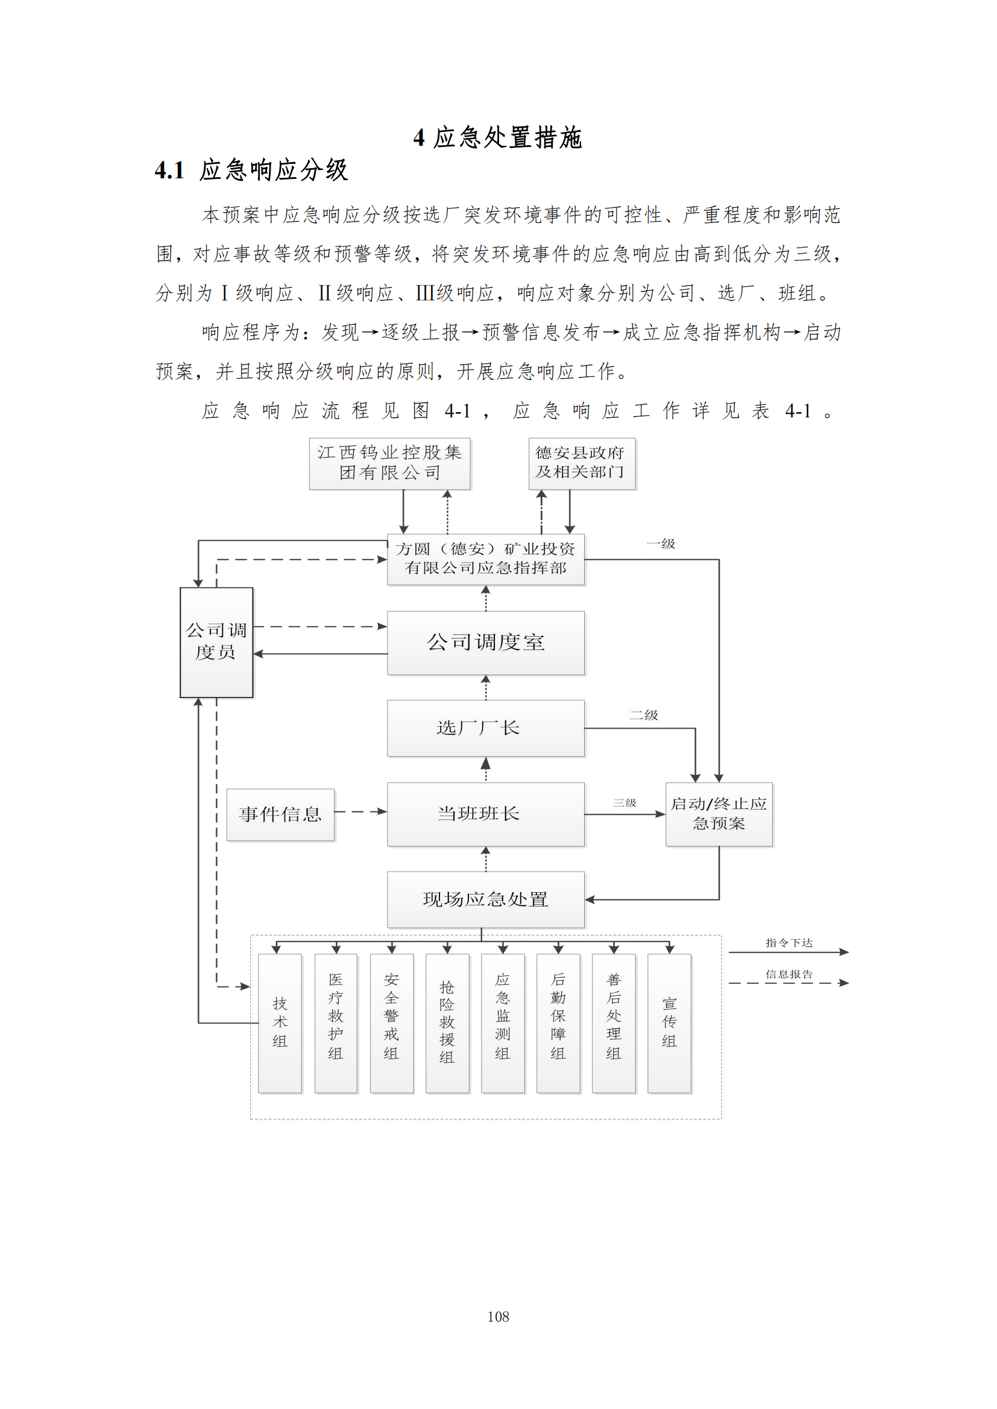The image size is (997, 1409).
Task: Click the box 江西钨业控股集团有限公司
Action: click(389, 463)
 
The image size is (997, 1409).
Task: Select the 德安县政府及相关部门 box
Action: click(581, 463)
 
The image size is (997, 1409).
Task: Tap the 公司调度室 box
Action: click(485, 643)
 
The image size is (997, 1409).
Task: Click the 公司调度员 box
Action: click(216, 642)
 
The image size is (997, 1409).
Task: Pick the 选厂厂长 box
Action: click(485, 728)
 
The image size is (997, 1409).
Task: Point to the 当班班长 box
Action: click(485, 814)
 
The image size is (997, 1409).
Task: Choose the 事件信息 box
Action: click(280, 814)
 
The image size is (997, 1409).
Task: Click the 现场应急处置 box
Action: click(485, 899)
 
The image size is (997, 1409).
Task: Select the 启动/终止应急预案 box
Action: click(719, 814)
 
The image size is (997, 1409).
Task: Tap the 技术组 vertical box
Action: click(280, 1023)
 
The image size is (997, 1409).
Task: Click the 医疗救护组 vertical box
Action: click(335, 1023)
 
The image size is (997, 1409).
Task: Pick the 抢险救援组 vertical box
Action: click(447, 1023)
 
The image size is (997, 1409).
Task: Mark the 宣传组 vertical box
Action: click(669, 1023)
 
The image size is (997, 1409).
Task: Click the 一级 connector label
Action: click(661, 544)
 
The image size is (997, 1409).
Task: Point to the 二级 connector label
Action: click(643, 715)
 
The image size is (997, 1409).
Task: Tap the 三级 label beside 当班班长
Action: click(624, 802)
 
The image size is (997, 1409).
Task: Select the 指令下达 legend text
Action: click(789, 943)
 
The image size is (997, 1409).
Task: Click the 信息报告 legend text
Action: click(789, 974)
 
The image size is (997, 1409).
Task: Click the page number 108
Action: click(498, 1316)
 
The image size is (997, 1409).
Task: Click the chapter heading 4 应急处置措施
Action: click(498, 137)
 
